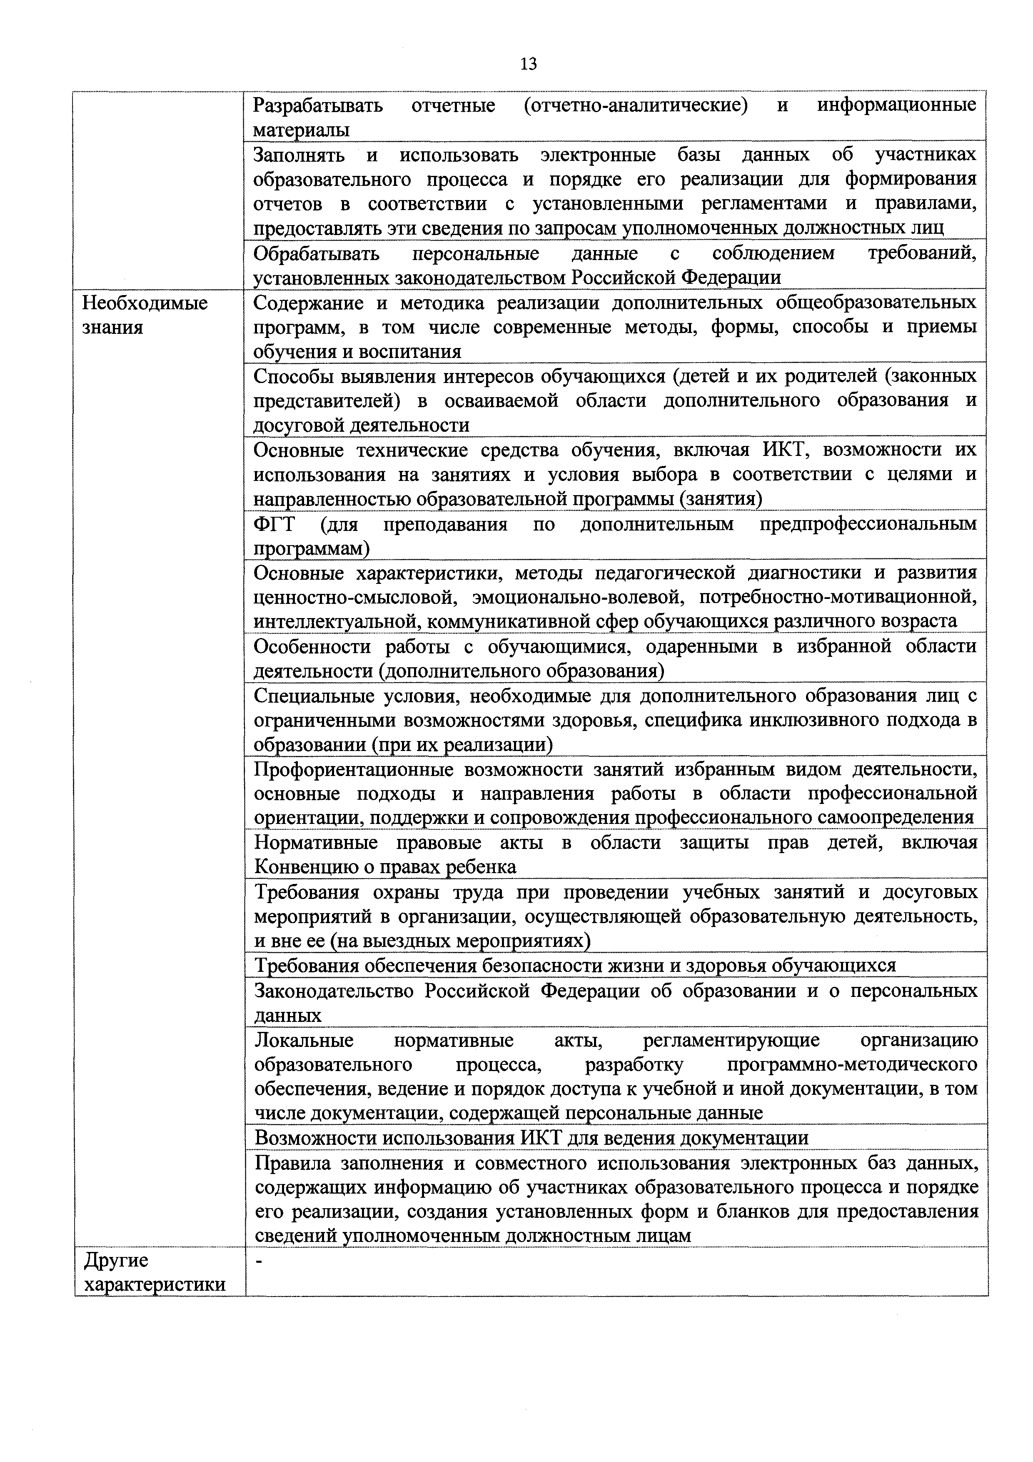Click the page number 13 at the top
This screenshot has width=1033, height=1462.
point(528,64)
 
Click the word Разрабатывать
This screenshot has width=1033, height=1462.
point(317,105)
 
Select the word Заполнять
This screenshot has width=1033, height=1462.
point(299,155)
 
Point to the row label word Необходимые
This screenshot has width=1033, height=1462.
point(145,303)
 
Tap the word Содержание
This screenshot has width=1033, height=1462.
point(309,303)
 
